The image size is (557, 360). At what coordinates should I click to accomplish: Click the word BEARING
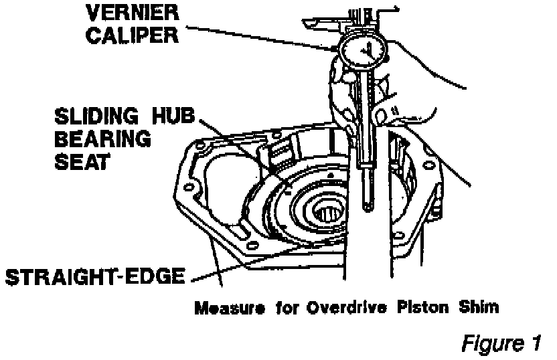102,141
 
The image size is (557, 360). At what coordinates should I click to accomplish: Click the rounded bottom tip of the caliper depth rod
368,207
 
